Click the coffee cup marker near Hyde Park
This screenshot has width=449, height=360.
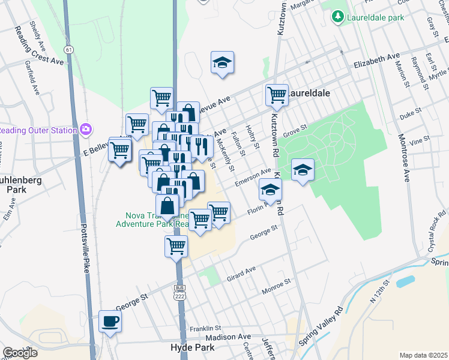click(110, 321)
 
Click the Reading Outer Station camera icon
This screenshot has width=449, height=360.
click(86, 129)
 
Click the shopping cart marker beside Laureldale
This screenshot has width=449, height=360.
click(277, 94)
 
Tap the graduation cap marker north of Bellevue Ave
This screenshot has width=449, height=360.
click(222, 62)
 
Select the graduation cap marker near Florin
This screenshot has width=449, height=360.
click(270, 190)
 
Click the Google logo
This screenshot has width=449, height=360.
click(20, 353)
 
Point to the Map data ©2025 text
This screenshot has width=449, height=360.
click(424, 355)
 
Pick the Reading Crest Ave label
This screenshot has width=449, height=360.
click(40, 61)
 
